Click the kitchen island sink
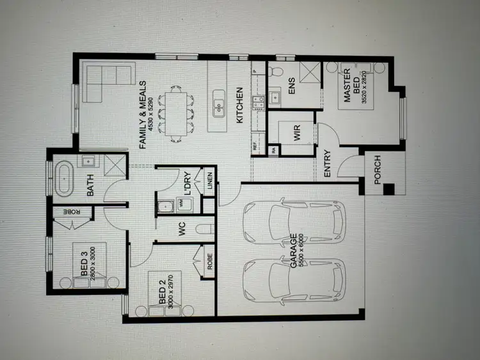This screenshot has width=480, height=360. (219, 101)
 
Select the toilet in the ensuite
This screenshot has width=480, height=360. (273, 70)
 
